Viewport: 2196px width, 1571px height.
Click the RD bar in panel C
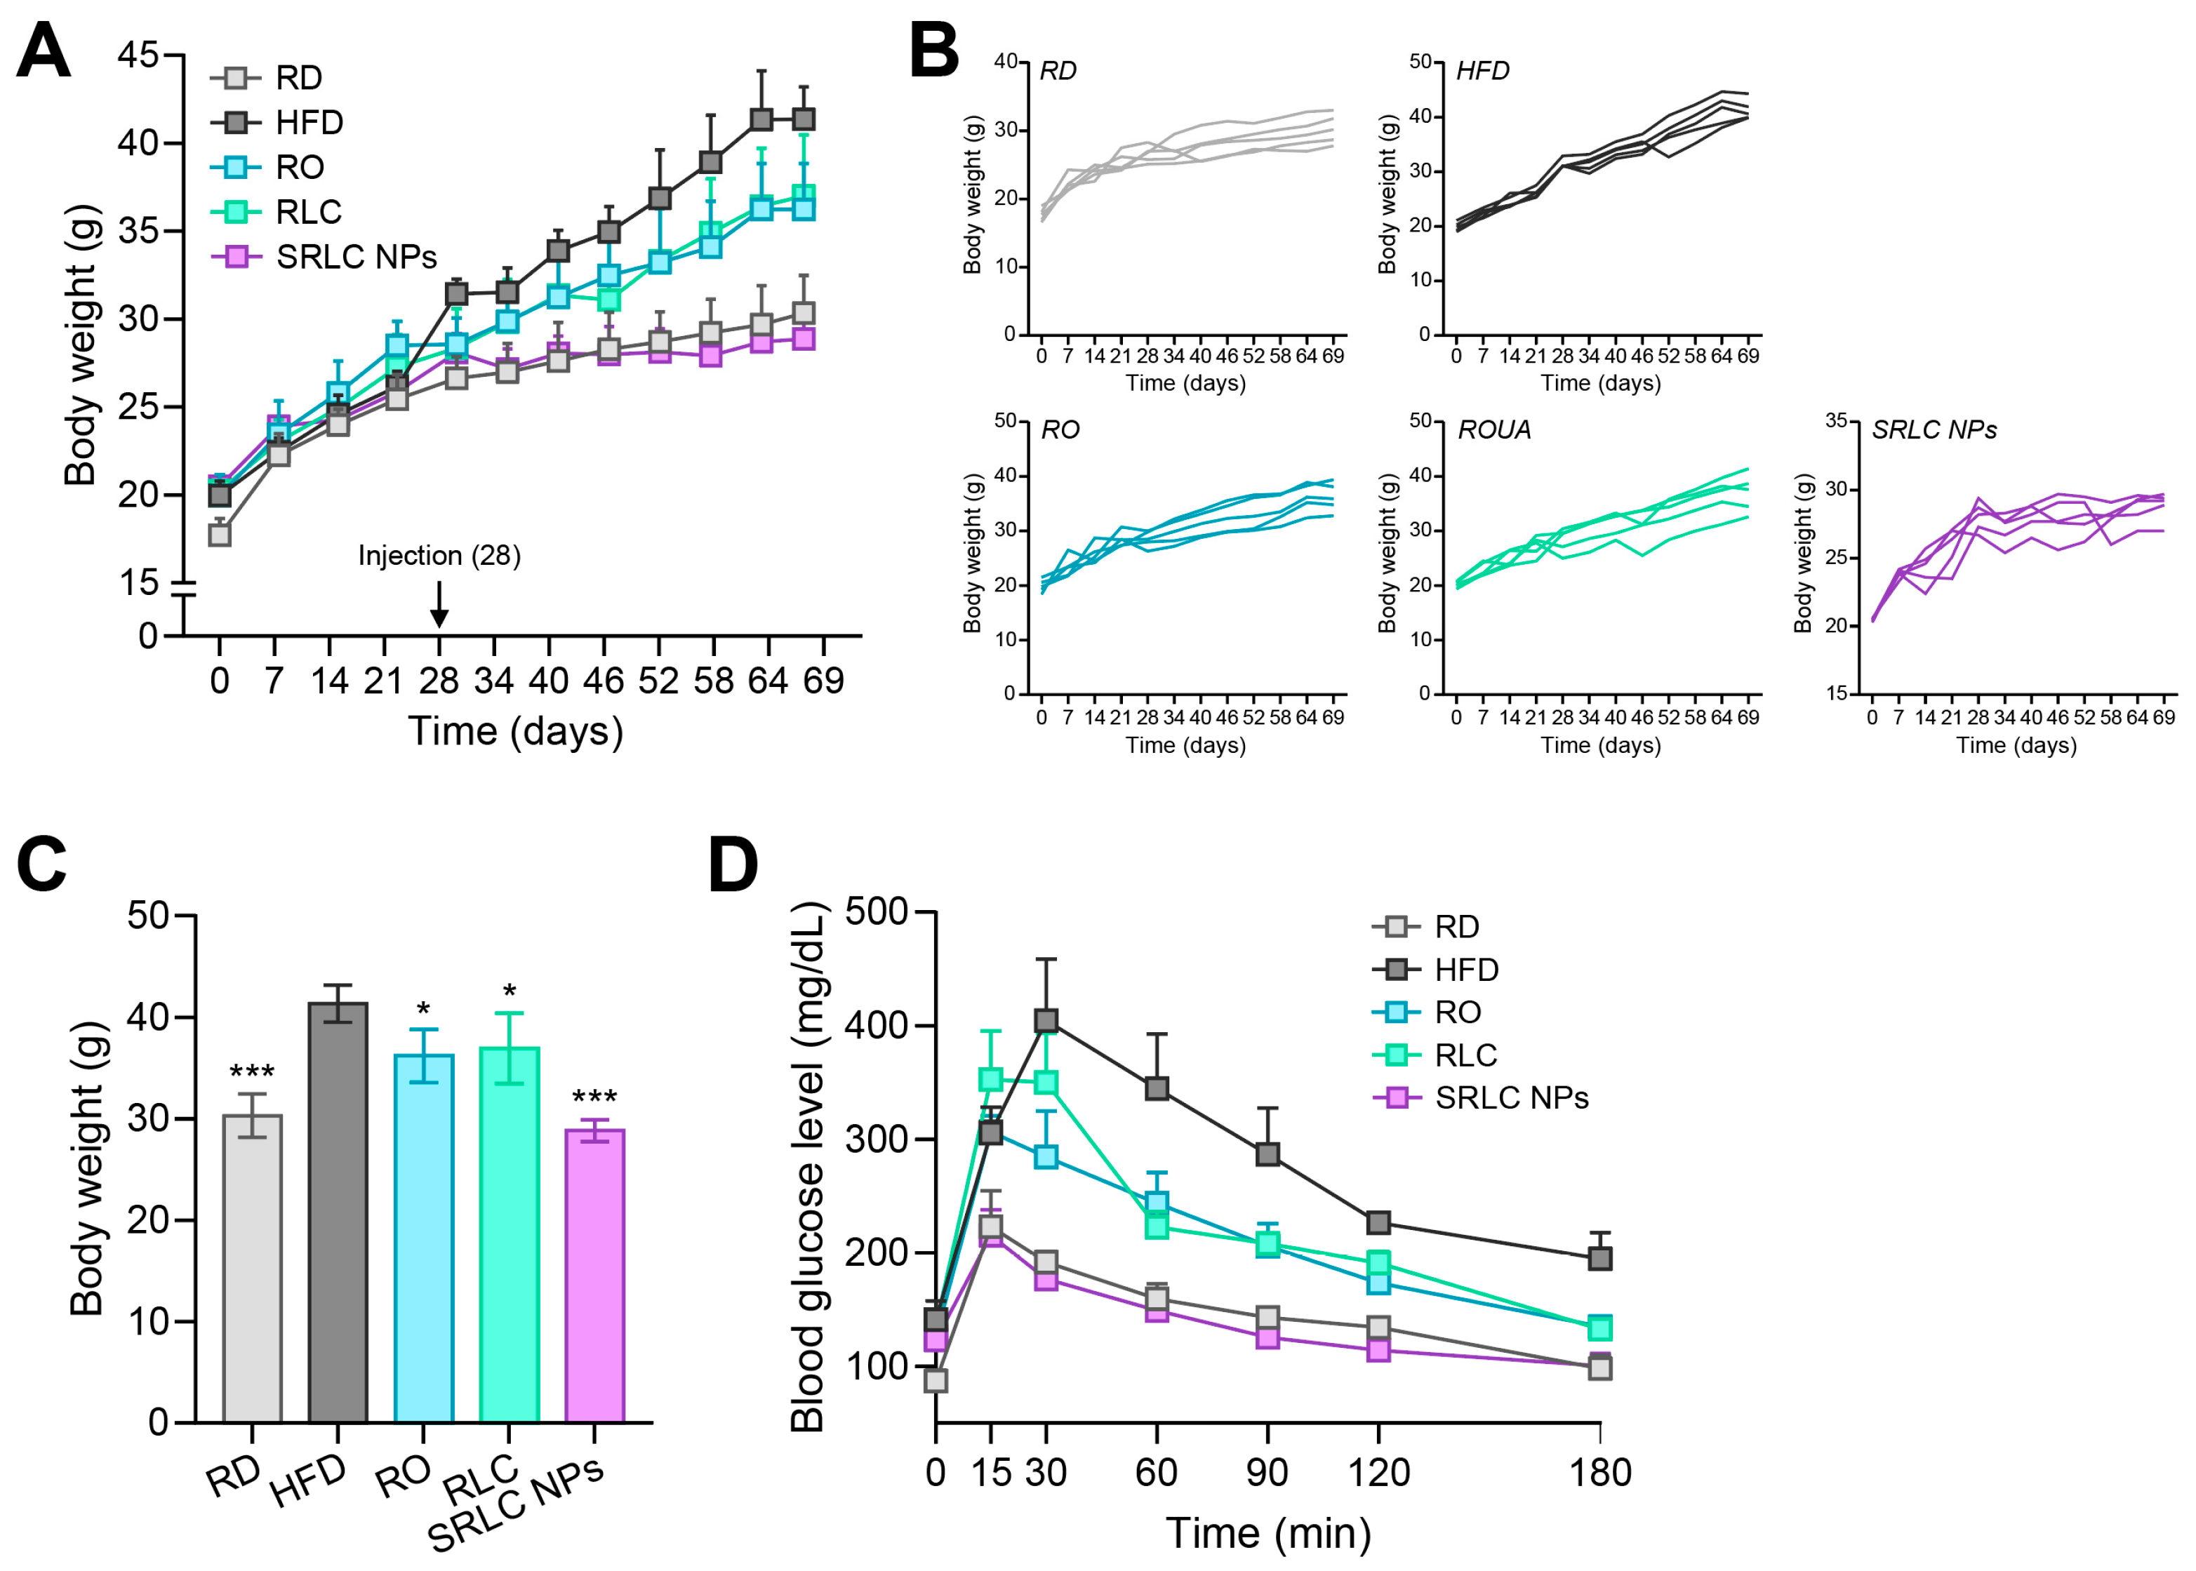[253, 1267]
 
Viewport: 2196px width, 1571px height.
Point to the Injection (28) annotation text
[439, 555]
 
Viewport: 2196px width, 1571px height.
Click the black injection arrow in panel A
[439, 605]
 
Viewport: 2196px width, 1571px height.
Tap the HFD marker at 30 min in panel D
[1046, 1021]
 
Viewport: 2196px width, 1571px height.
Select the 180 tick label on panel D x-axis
[1600, 1472]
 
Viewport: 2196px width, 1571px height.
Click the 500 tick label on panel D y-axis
[877, 911]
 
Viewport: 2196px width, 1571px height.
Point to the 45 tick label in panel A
[138, 55]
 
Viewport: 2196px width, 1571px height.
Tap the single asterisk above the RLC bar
[509, 991]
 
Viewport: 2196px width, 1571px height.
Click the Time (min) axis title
[1268, 1533]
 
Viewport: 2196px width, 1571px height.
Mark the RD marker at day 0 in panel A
[220, 534]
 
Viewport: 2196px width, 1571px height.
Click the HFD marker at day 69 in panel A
[803, 119]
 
